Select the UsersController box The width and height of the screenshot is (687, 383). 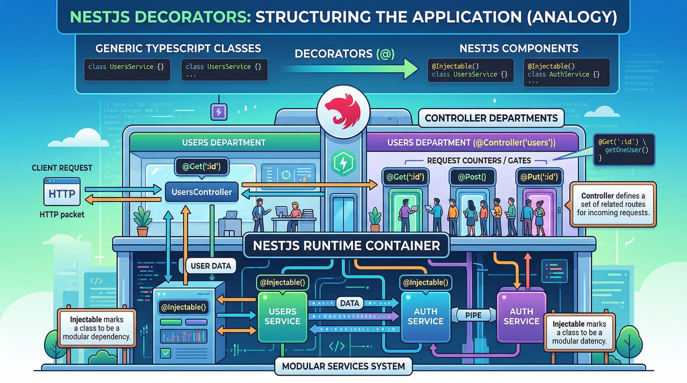202,192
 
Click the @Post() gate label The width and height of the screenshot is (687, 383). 472,177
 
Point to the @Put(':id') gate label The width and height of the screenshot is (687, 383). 539,177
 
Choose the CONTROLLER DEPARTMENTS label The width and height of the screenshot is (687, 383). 491,118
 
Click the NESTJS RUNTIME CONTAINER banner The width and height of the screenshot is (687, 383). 346,246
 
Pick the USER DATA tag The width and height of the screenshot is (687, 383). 211,266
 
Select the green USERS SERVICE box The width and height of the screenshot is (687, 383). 282,316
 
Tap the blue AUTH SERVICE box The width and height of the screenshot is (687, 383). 426,316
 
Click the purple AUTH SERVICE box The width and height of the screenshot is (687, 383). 521,316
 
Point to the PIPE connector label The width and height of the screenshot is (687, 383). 473,315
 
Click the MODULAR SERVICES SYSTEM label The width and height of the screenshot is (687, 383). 343,367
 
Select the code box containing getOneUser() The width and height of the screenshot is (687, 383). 624,150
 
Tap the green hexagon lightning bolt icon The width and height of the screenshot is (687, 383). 343,163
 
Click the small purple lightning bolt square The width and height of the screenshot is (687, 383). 219,112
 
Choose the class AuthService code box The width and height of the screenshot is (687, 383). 566,72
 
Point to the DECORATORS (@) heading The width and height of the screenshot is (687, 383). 344,54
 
